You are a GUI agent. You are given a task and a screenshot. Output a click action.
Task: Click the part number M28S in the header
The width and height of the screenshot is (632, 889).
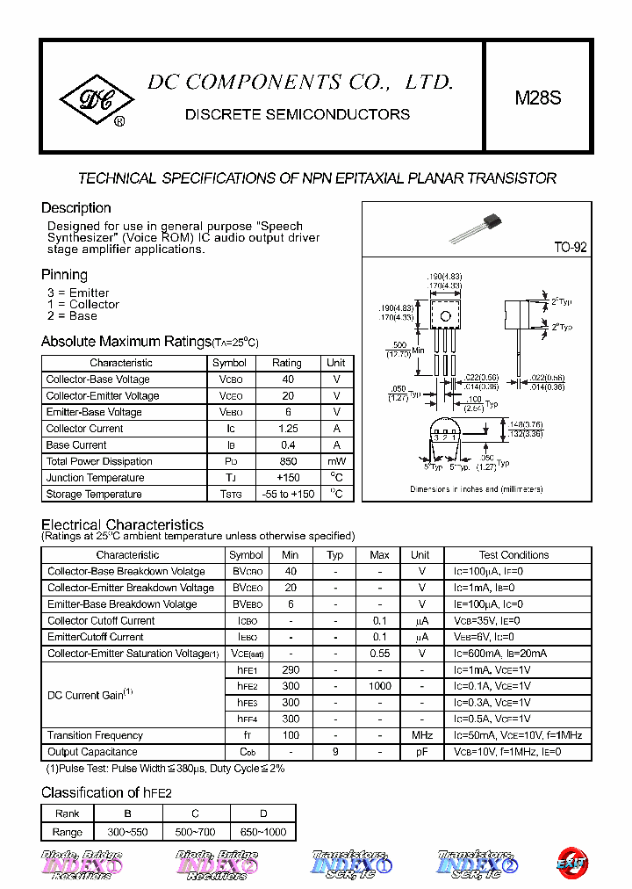537,98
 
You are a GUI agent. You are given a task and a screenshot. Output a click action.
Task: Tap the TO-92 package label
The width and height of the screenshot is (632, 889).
570,248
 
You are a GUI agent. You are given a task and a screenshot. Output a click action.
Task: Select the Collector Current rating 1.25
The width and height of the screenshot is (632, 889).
287,429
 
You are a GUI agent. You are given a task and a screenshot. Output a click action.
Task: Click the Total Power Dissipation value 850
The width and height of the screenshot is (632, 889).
287,461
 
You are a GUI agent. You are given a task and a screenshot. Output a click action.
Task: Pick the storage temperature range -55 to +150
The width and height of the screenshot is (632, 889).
287,495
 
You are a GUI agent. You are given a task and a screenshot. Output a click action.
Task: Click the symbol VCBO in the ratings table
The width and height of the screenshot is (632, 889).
230,379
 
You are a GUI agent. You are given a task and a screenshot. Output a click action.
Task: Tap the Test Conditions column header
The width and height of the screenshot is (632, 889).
513,555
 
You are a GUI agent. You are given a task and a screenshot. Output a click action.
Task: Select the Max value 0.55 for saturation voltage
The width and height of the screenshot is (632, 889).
379,654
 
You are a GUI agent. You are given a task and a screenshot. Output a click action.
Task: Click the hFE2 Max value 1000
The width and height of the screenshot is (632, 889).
379,686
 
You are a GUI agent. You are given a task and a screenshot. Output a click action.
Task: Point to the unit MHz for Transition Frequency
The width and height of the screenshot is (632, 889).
421,735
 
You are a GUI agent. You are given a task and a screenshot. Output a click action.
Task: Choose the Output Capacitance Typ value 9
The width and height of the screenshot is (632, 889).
334,752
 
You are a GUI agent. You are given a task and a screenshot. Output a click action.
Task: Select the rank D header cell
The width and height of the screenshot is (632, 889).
262,813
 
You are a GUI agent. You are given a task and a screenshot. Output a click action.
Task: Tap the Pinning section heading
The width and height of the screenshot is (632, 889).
64,275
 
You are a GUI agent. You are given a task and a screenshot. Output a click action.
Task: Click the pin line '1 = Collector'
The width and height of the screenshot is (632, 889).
83,304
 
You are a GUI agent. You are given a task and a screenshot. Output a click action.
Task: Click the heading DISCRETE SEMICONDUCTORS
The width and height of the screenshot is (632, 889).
298,114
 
